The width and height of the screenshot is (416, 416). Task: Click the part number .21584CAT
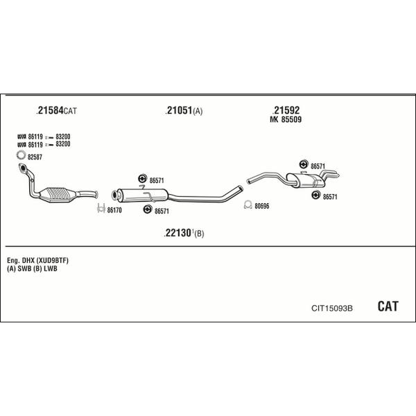click(x=56, y=110)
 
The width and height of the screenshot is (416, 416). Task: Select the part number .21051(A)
click(x=184, y=111)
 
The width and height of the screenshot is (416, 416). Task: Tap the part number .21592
click(x=286, y=110)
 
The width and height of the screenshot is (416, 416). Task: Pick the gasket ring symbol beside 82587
click(x=21, y=155)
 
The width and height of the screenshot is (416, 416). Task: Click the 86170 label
click(x=114, y=210)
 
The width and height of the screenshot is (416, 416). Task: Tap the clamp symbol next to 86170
click(x=101, y=209)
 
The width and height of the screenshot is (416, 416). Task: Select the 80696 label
click(x=262, y=205)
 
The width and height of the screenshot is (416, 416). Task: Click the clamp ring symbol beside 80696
click(x=248, y=205)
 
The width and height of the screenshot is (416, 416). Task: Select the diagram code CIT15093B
click(x=332, y=308)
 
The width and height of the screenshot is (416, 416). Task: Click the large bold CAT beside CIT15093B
click(x=388, y=306)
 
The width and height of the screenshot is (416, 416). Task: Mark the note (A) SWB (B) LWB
click(x=32, y=269)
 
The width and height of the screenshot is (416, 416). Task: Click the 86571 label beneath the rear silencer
click(x=330, y=197)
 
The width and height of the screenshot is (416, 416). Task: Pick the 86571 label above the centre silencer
click(x=157, y=180)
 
